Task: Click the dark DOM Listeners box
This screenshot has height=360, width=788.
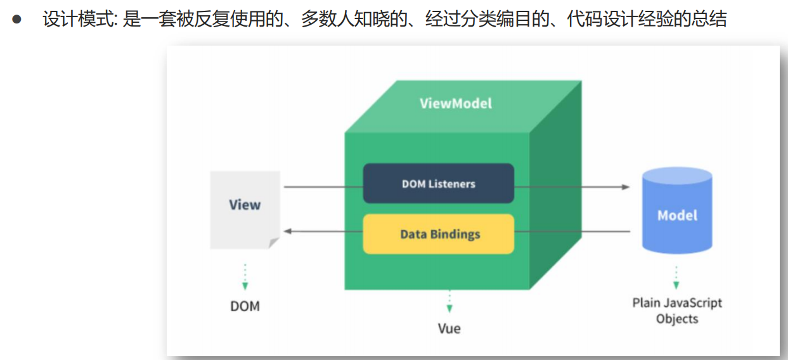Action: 438,184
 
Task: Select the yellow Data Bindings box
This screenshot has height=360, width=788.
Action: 438,234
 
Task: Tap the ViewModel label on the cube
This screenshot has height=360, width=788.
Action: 455,103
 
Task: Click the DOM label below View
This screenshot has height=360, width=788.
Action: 245,306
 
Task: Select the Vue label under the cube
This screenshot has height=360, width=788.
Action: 449,328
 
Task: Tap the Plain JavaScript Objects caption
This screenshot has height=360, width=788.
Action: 677,311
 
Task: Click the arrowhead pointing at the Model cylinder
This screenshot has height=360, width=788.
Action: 626,187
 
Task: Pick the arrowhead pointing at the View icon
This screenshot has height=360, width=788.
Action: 287,231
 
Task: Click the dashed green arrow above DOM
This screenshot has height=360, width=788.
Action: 245,277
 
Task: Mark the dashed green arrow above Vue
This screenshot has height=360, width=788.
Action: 449,302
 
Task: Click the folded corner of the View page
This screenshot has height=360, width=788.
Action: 273,243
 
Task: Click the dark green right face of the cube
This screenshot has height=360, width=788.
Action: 555,190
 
